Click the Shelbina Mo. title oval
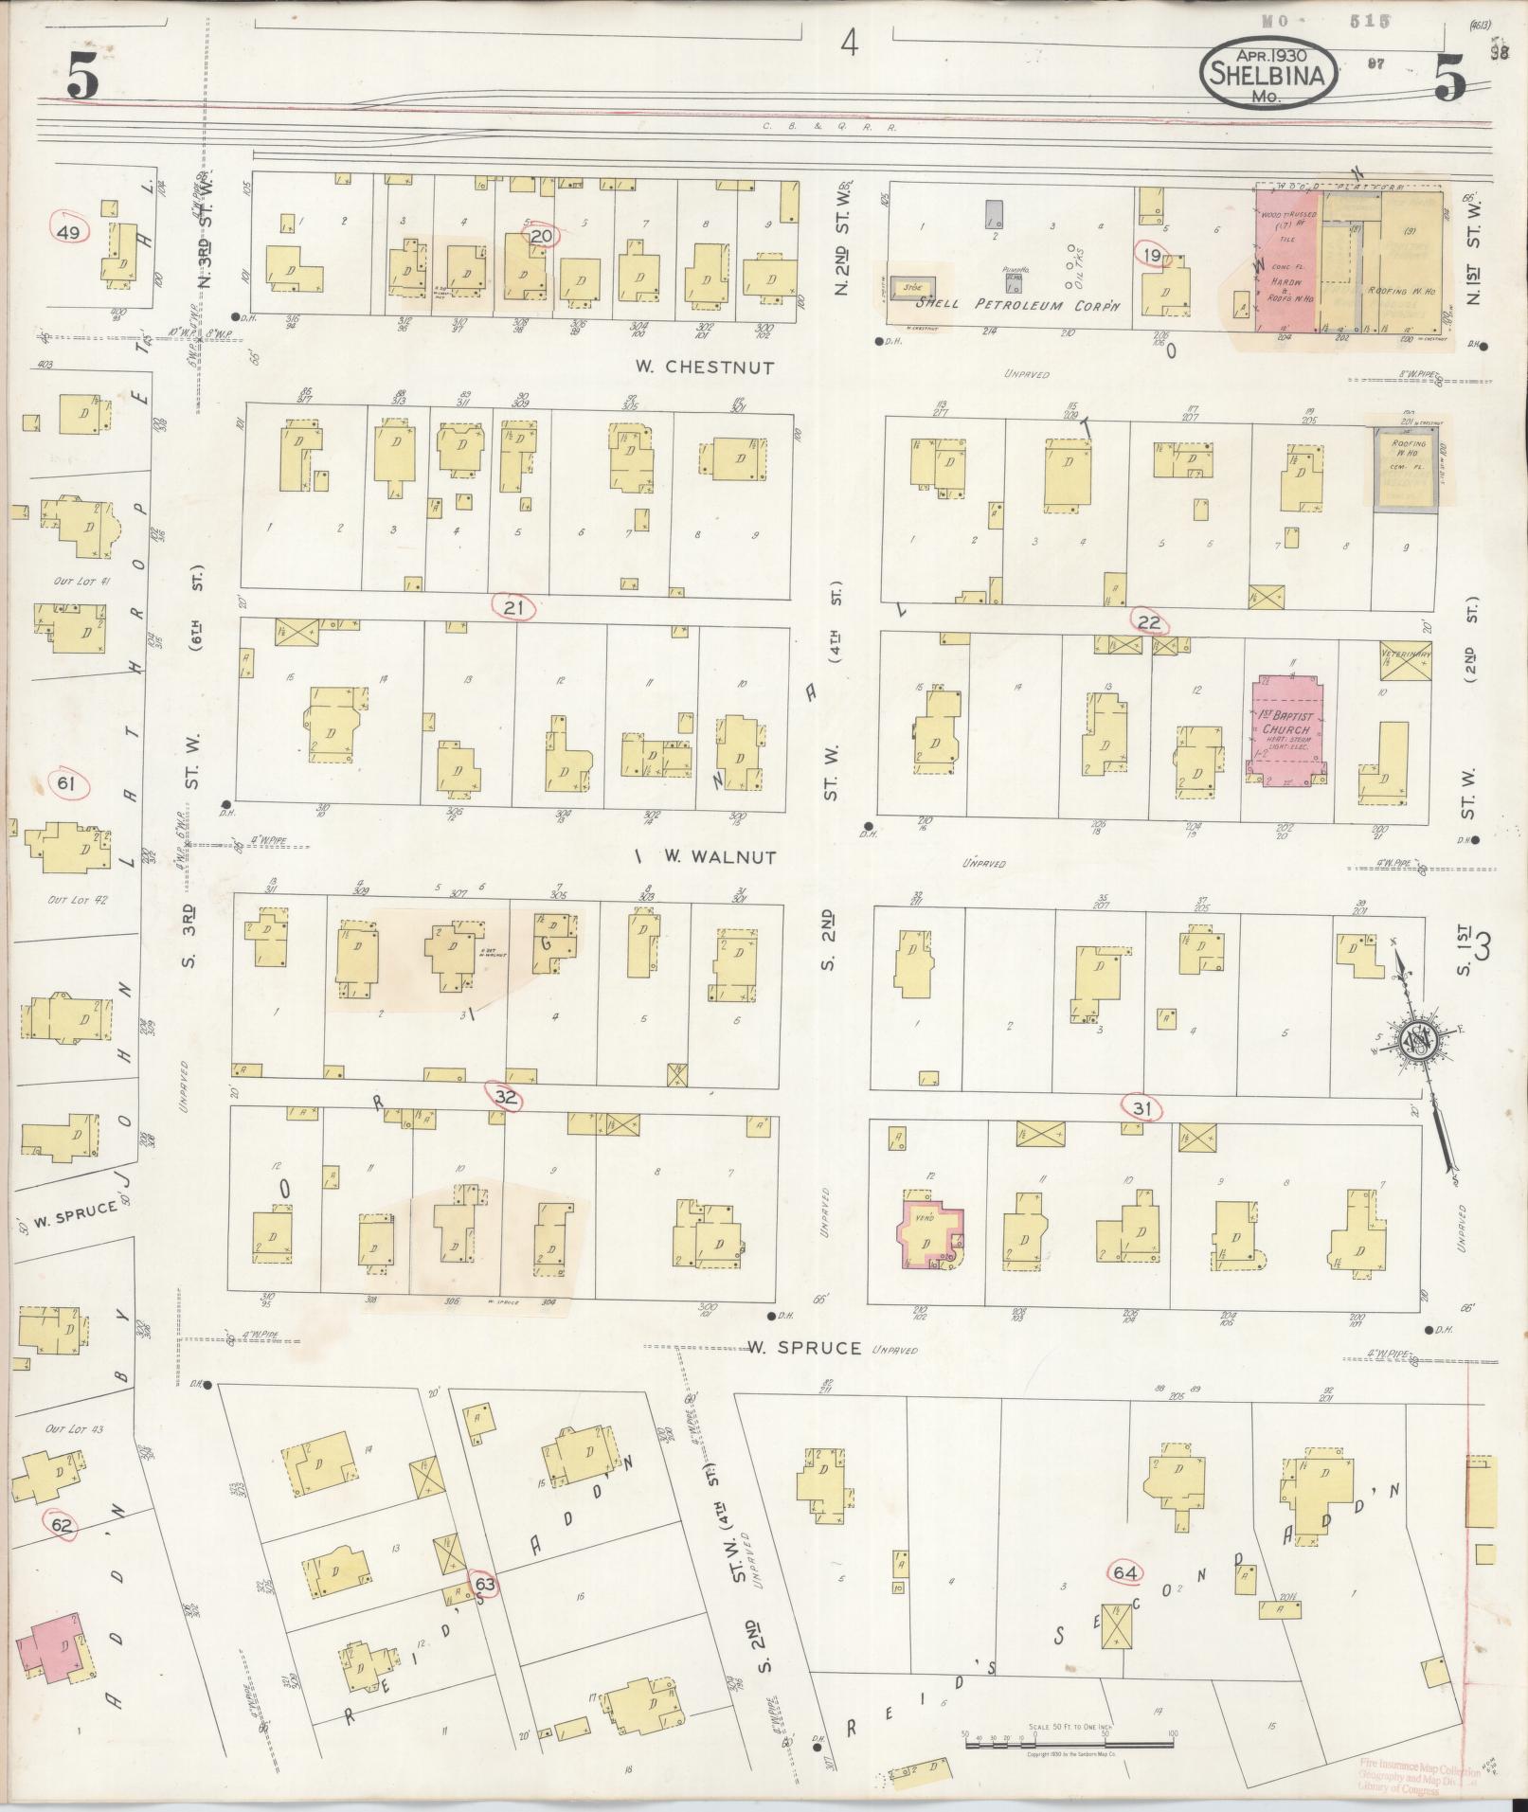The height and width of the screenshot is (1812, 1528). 1268,74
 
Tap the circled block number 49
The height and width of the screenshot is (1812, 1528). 70,232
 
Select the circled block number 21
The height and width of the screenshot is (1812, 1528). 513,607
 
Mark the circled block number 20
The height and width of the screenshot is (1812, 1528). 541,236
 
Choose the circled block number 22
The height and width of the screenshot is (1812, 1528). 1149,621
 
